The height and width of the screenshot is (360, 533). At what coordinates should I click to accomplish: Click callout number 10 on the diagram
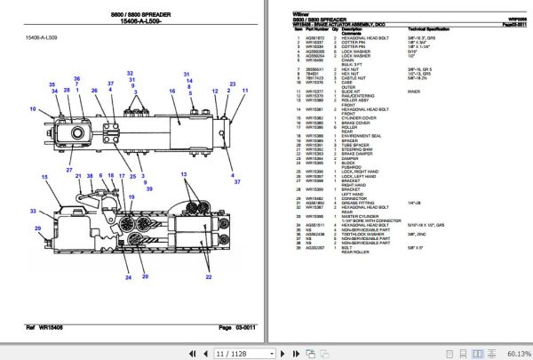(x=32, y=109)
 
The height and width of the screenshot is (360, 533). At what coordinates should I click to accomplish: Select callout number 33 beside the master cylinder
(x=33, y=211)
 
